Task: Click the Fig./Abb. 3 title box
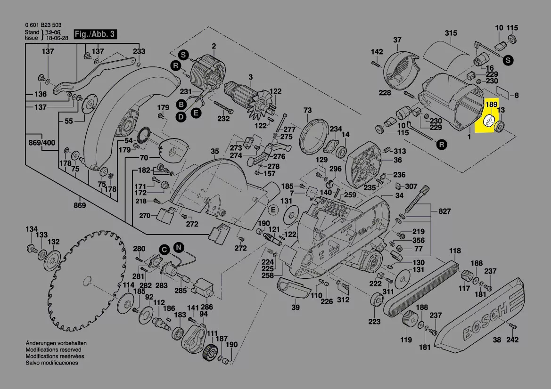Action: coord(95,34)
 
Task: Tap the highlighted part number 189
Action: coord(491,104)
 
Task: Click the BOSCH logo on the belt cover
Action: coord(485,321)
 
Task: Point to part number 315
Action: coord(451,33)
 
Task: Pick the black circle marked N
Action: coord(178,247)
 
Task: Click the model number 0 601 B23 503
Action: coord(43,25)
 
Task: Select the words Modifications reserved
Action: coord(53,350)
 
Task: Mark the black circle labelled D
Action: coord(181,116)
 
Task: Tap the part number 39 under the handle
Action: coord(295,308)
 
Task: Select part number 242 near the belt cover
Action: coord(512,340)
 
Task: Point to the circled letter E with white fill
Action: coord(271,209)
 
